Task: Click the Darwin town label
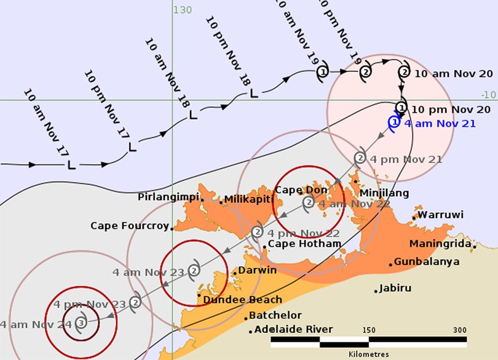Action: click(x=257, y=270)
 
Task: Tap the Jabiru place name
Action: click(x=395, y=288)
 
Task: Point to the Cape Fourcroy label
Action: click(x=129, y=226)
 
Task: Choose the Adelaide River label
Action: click(x=293, y=329)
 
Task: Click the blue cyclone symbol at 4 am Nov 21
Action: click(x=394, y=122)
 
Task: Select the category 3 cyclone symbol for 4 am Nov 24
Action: click(x=82, y=322)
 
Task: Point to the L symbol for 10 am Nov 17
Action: click(x=71, y=165)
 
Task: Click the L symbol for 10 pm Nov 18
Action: click(x=253, y=93)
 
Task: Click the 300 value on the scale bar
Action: click(x=459, y=330)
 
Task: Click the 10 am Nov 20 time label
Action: click(x=454, y=73)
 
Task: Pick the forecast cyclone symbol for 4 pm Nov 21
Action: click(x=360, y=158)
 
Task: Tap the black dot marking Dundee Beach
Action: click(x=199, y=295)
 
